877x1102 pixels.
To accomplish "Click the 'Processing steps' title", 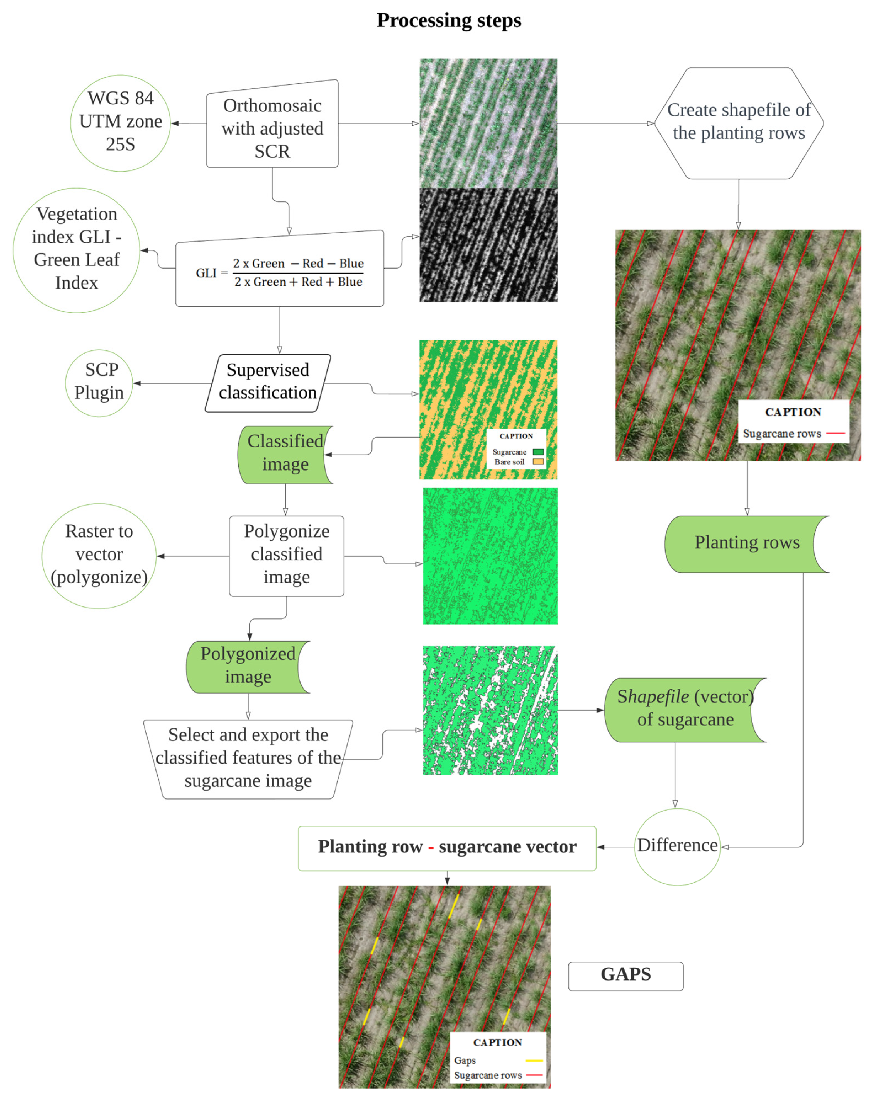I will tap(448, 21).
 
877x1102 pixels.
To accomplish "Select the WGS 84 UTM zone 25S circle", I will tap(120, 123).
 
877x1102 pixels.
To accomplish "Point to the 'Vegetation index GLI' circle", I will tap(77, 250).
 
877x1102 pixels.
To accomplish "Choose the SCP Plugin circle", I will tap(99, 383).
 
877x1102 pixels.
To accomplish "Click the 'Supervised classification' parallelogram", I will tap(267, 383).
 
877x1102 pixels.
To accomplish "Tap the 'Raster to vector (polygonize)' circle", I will tap(99, 556).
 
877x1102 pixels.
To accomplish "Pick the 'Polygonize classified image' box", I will tap(286, 556).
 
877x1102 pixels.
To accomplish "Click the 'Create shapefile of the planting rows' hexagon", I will tap(739, 123).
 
